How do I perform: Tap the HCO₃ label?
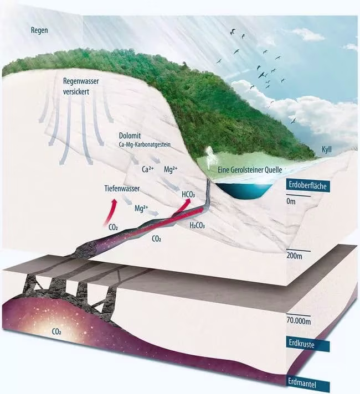click(x=191, y=194)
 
